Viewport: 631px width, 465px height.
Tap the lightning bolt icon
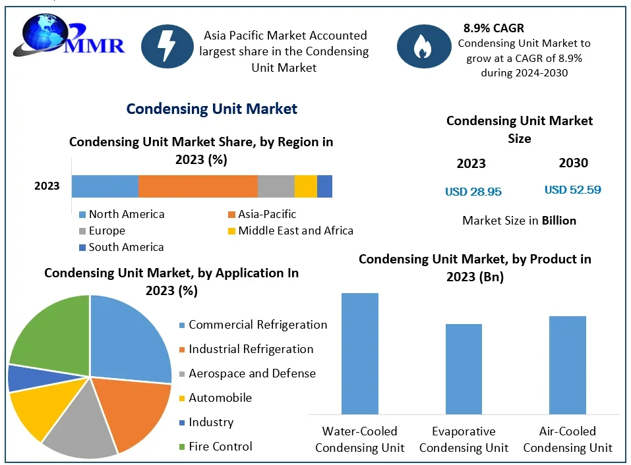(x=167, y=46)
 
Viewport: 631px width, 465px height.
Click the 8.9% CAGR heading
(x=493, y=28)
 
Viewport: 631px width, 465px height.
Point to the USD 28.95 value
(x=473, y=192)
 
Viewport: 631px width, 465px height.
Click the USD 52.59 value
(x=572, y=190)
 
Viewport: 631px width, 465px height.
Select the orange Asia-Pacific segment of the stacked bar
(x=198, y=186)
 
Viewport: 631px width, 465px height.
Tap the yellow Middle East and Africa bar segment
(x=305, y=186)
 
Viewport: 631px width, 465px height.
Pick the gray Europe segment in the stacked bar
(x=276, y=186)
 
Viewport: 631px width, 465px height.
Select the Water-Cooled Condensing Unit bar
(x=359, y=353)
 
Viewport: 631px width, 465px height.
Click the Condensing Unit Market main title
(x=212, y=109)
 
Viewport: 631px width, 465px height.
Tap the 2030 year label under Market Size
(x=573, y=163)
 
